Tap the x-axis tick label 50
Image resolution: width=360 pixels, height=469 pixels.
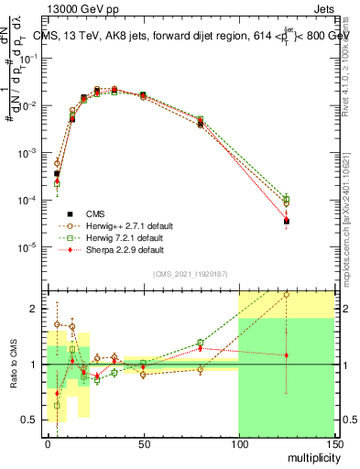coord(143,443)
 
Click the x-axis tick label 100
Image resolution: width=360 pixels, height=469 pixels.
coord(238,443)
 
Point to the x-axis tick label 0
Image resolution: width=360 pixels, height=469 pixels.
coord(48,443)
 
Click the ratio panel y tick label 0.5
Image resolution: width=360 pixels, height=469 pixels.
coord(33,420)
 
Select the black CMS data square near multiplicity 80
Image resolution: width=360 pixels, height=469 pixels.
coord(201,124)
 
